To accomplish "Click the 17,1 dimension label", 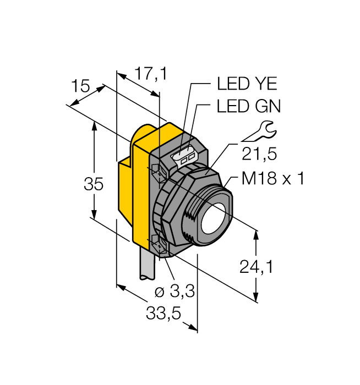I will (x=143, y=74).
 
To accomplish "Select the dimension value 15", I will (x=80, y=86).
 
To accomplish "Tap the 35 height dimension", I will (x=94, y=185).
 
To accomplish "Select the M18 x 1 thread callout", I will (x=273, y=179).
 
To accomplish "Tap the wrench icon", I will (x=259, y=132).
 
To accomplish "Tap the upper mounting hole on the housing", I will (x=156, y=172).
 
